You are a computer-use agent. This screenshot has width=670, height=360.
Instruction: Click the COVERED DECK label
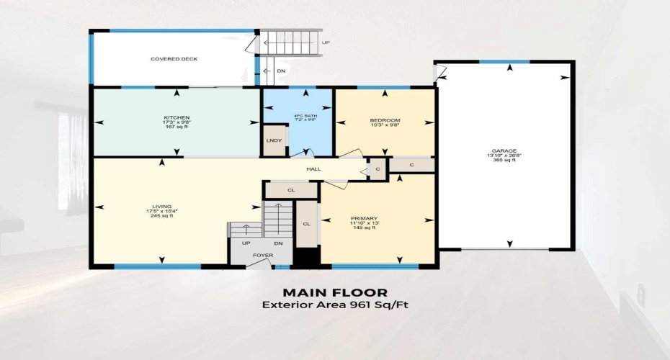(x=174, y=59)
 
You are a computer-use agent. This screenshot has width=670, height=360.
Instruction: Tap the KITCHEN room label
(x=177, y=117)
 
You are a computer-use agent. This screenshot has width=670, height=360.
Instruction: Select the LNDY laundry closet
(x=273, y=140)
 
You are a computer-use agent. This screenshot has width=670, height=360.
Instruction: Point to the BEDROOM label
(x=385, y=120)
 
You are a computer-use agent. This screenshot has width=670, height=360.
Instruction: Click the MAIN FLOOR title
(x=335, y=292)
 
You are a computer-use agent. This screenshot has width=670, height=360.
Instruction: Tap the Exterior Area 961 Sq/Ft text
(x=335, y=305)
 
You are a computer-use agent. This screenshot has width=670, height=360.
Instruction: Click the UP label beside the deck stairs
(x=326, y=43)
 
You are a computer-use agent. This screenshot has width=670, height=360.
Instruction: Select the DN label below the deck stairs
(x=280, y=71)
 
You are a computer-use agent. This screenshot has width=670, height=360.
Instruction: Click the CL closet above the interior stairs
(x=291, y=191)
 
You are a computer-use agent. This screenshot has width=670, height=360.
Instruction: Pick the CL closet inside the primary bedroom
(x=307, y=224)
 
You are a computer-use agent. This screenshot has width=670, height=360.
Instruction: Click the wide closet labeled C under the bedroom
(x=411, y=165)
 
